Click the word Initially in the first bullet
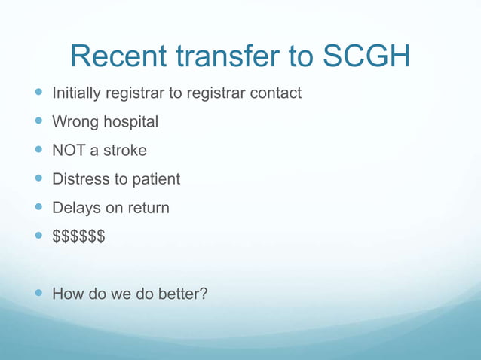(76, 93)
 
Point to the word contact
(275, 93)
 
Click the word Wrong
(72, 122)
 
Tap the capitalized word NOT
(69, 151)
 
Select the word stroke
(125, 151)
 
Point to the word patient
(155, 179)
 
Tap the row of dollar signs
(78, 236)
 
